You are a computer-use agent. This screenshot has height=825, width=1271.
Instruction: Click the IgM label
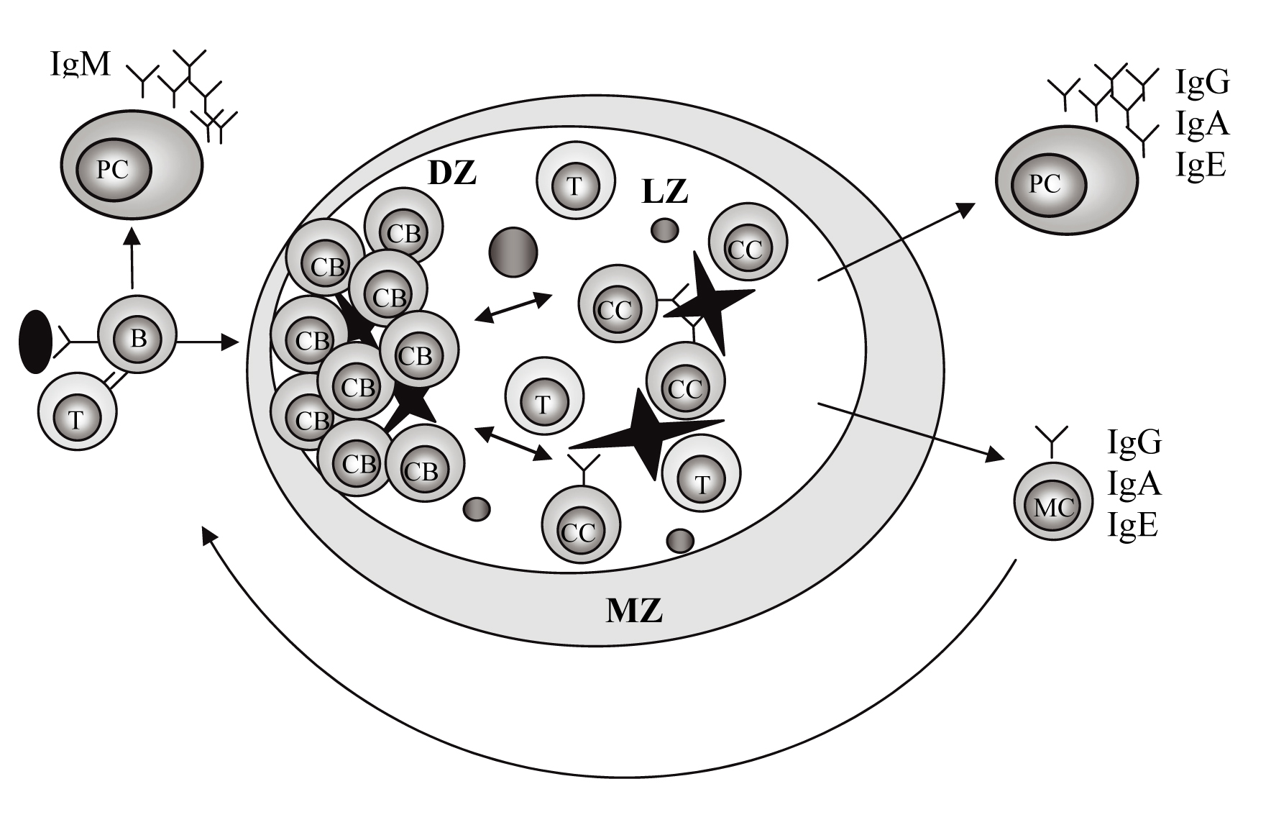81,64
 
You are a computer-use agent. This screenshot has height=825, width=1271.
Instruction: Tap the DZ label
452,173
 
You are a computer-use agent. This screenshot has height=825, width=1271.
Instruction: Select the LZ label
666,191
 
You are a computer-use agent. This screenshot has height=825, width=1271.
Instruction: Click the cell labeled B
137,337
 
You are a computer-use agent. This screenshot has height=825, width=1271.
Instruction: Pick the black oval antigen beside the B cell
35,341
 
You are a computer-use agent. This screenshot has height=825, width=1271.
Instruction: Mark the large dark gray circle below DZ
513,252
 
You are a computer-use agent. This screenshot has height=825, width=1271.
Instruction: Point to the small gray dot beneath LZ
665,230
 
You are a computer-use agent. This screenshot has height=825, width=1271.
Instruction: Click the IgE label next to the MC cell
1133,527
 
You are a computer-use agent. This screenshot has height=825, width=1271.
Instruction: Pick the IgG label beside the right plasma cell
1203,82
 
